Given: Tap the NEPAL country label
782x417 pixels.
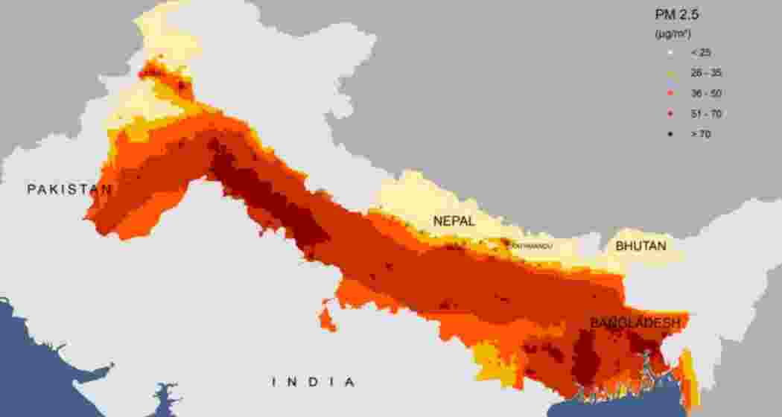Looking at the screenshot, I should (455, 220).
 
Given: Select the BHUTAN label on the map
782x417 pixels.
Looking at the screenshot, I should (640, 245).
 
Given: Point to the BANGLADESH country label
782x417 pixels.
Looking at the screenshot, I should (635, 323).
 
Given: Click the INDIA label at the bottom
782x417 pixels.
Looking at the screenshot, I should (313, 382).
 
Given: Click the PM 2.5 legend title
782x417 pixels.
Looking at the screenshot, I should (677, 15).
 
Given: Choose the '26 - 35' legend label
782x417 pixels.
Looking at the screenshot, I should (705, 73).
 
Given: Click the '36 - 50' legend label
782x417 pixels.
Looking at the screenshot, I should (705, 93).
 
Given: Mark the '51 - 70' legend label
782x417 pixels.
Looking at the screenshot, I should (705, 114).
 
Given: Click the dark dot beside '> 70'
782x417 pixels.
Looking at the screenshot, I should (671, 135).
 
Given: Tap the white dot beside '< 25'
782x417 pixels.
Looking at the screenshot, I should (671, 53).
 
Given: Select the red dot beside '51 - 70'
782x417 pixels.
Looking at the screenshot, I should (671, 114).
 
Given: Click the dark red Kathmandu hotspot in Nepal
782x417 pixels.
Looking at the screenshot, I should (506, 243).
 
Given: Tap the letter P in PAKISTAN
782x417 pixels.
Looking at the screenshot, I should (31, 189).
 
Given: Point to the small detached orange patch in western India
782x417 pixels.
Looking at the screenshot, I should (327, 318).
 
